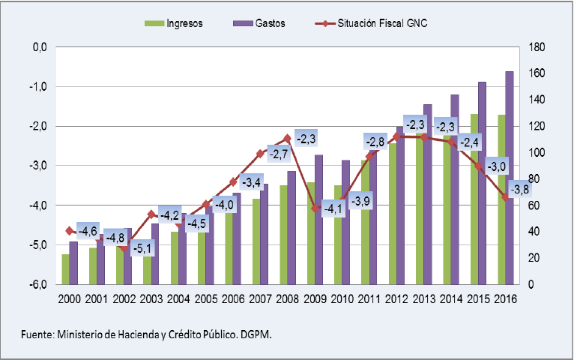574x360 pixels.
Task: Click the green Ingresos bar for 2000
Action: (65, 269)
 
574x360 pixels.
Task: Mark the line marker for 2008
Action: (288, 139)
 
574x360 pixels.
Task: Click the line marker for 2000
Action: (70, 230)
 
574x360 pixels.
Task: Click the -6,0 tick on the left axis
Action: (37, 285)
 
